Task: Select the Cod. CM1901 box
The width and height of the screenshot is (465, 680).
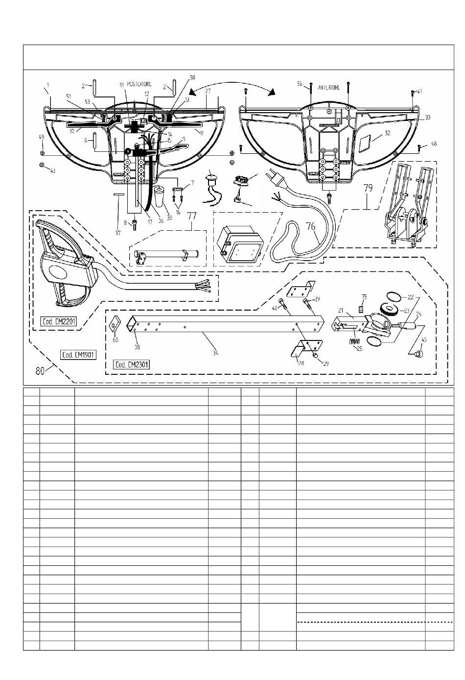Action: [78, 355]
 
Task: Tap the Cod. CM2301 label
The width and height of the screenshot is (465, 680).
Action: [131, 364]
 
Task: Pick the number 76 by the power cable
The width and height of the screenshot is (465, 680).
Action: [311, 226]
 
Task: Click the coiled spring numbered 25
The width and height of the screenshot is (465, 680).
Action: [357, 340]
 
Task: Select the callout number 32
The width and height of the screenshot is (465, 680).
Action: [388, 133]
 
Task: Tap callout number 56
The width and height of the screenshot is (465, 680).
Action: [300, 84]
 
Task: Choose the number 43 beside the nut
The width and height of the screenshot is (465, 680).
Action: [53, 170]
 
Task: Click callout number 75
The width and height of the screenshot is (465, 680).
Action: [364, 297]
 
